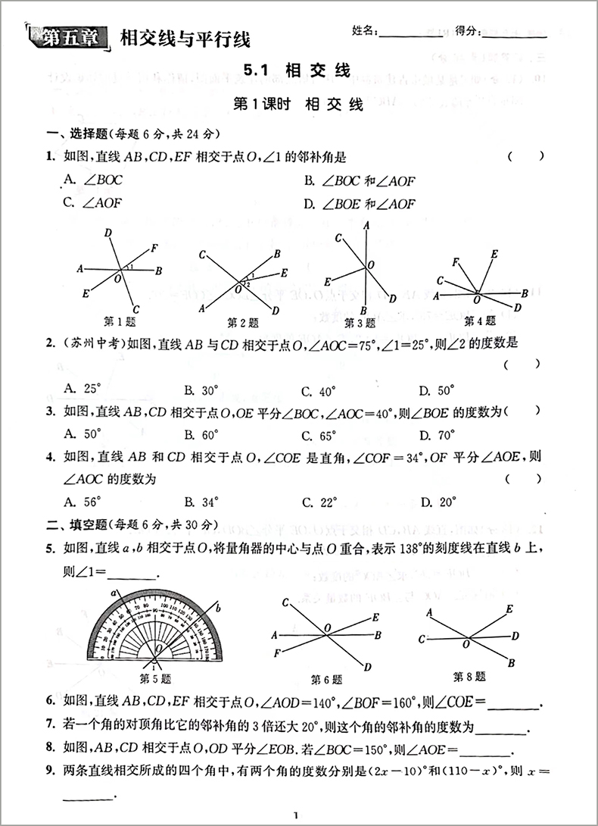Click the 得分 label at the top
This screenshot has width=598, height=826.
tap(468, 31)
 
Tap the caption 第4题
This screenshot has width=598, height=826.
tap(480, 320)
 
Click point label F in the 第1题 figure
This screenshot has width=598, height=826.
tap(154, 247)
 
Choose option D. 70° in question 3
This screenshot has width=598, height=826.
tap(438, 435)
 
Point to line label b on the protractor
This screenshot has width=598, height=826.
tap(217, 607)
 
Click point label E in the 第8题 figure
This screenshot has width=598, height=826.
tap(509, 609)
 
